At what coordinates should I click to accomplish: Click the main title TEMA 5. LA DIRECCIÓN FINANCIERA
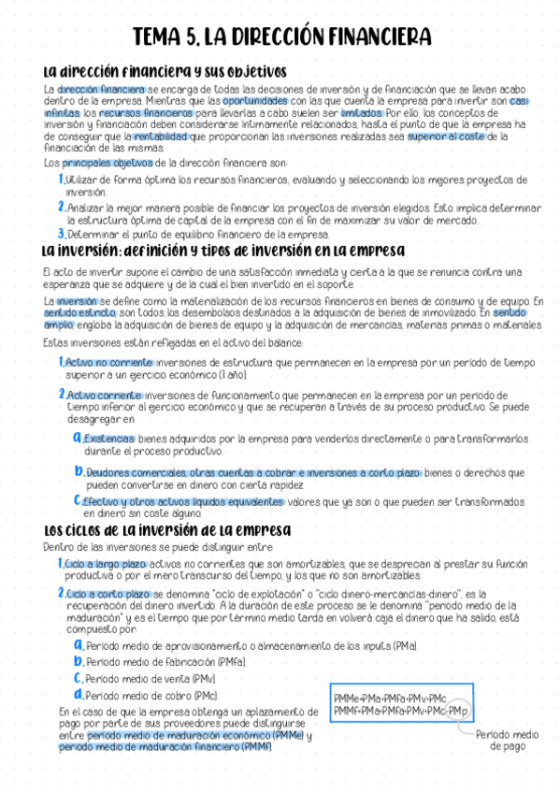pos(281,36)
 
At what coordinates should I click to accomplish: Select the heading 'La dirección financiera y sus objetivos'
pos(165,72)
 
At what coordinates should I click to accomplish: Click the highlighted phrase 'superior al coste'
pos(447,136)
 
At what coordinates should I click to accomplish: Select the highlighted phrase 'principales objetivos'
pos(107,162)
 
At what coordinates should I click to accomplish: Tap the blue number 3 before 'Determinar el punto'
pos(61,234)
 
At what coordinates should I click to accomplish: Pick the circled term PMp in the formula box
pos(456,711)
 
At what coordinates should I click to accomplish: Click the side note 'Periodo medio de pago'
pos(507,741)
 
